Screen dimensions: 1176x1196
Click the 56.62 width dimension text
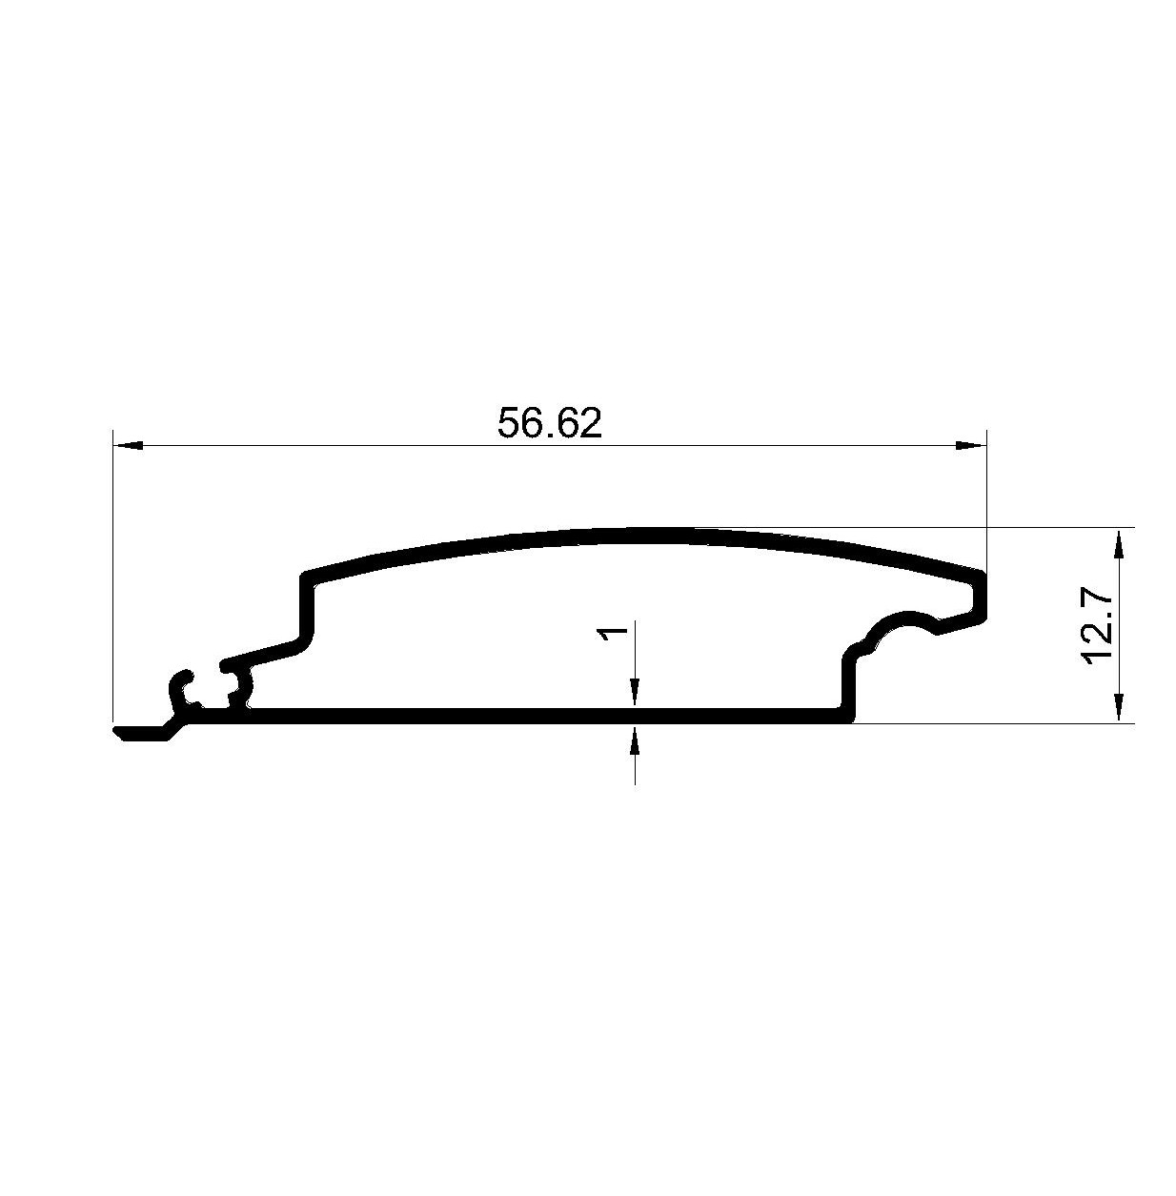tap(550, 424)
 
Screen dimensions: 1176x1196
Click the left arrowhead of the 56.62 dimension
tap(129, 445)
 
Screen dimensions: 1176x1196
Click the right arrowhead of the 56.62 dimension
tap(970, 445)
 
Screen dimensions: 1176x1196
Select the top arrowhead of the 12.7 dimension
tap(1118, 543)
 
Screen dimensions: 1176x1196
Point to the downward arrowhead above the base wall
tap(635, 693)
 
